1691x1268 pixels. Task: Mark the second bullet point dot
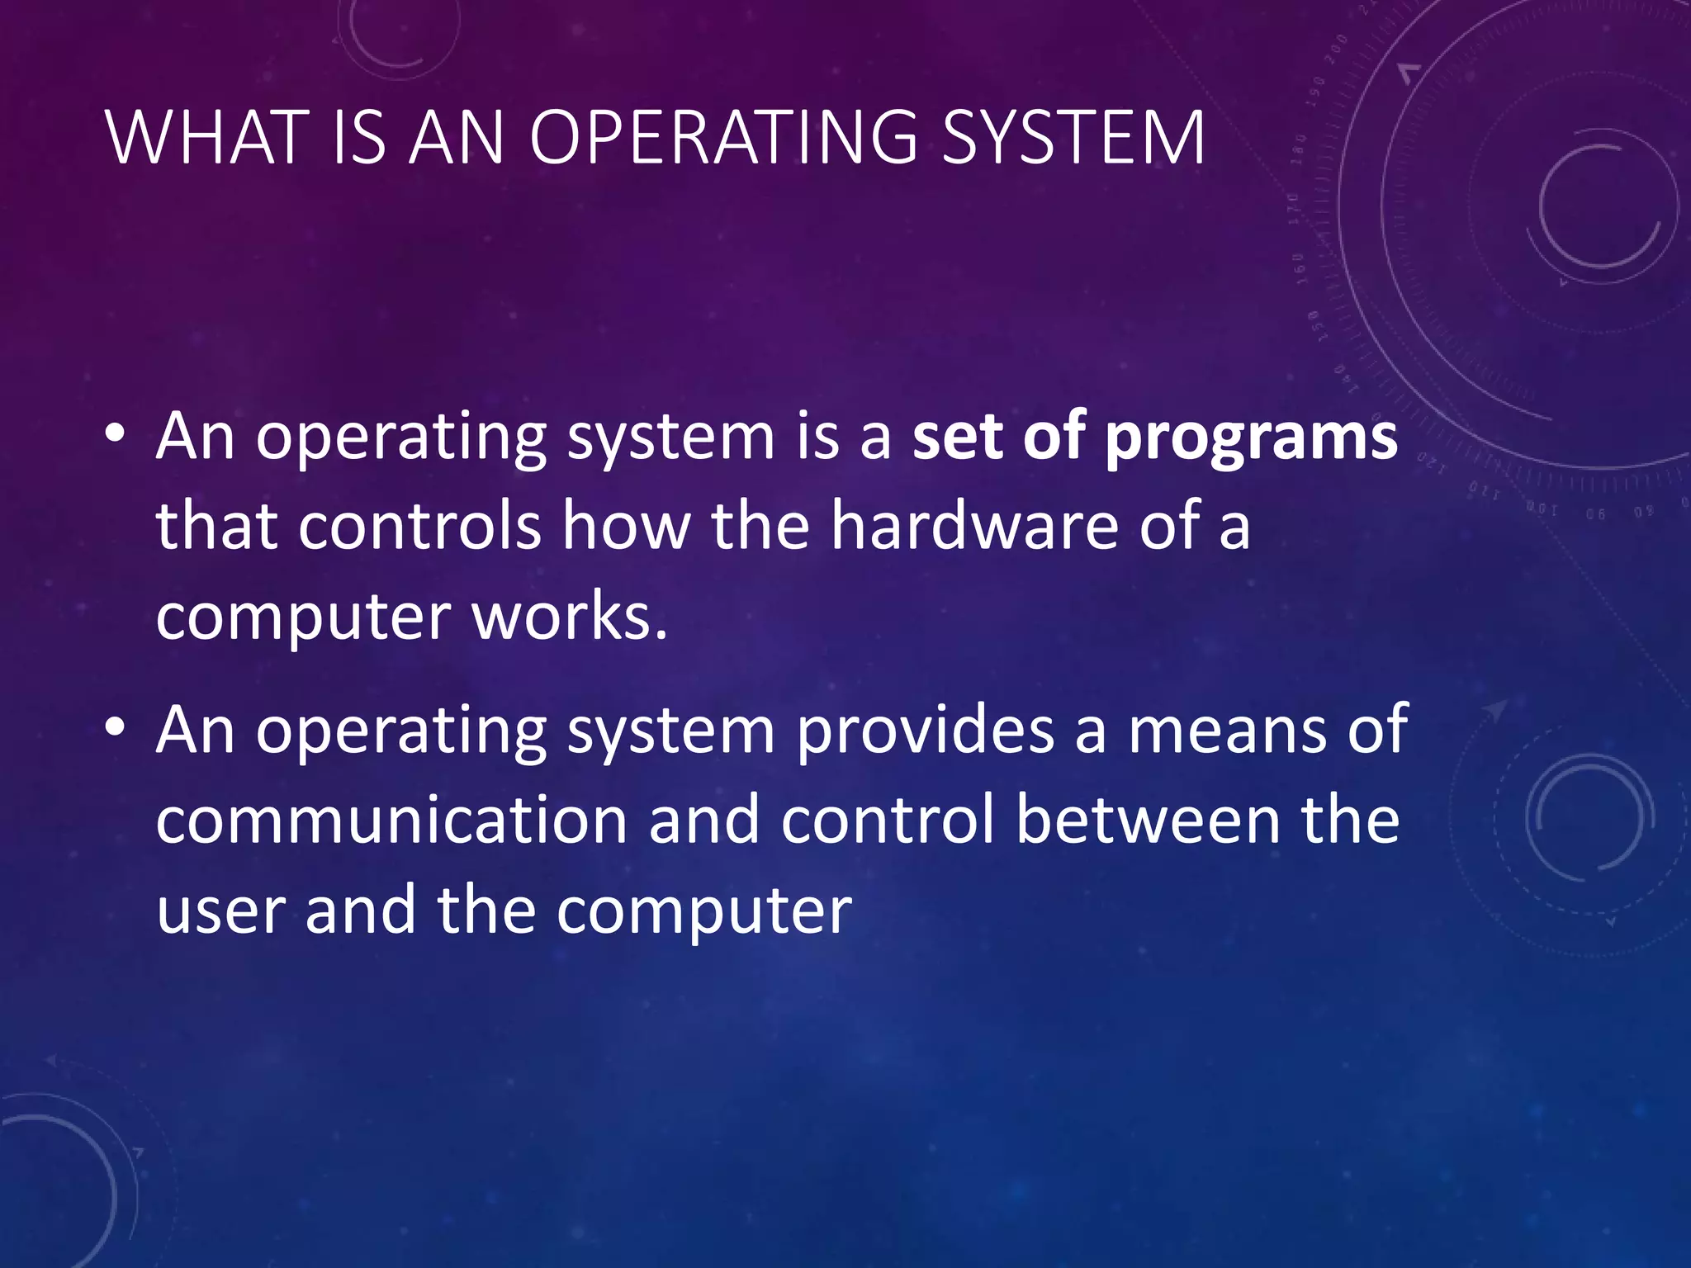point(115,726)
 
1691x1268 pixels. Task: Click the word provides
point(925,730)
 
